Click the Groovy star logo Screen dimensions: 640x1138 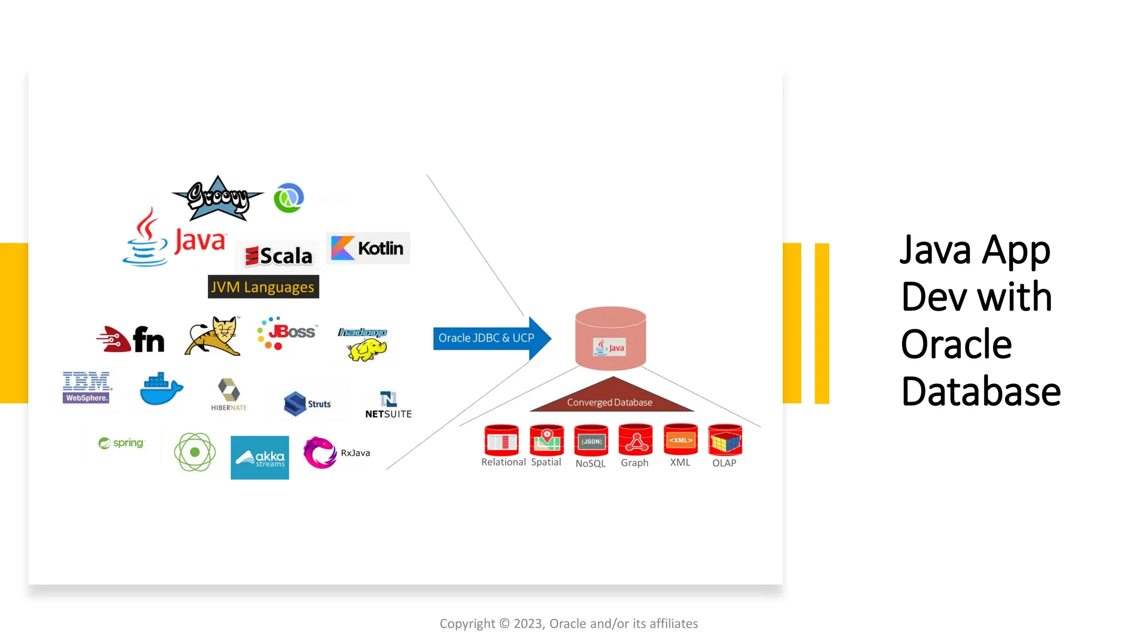(x=217, y=198)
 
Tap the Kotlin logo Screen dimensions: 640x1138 (x=368, y=248)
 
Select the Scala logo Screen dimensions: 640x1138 (x=279, y=256)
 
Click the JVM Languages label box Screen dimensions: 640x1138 (x=263, y=287)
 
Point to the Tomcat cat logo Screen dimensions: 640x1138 (x=213, y=336)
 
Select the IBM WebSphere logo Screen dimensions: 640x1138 (x=86, y=387)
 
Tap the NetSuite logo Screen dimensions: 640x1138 (x=388, y=405)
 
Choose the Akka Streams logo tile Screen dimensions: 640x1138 (x=259, y=457)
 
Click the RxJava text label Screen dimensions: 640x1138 (x=356, y=453)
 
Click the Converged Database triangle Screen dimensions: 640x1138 (x=611, y=397)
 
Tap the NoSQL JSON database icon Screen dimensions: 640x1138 (x=591, y=441)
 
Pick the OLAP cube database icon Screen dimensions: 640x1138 (x=725, y=441)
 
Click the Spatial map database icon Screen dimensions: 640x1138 (x=547, y=441)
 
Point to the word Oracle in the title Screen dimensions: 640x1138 (x=956, y=344)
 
